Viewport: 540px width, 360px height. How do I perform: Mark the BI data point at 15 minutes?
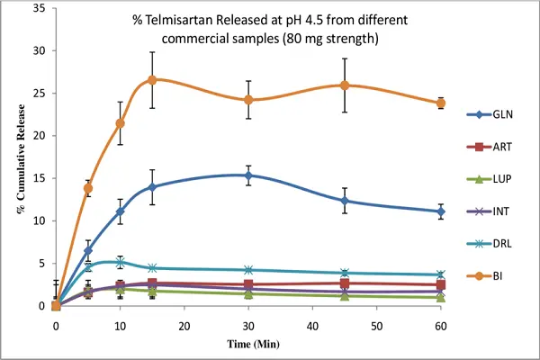[x=152, y=80]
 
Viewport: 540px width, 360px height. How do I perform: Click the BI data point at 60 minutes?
[x=440, y=103]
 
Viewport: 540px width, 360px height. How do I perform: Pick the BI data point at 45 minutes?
[x=345, y=85]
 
